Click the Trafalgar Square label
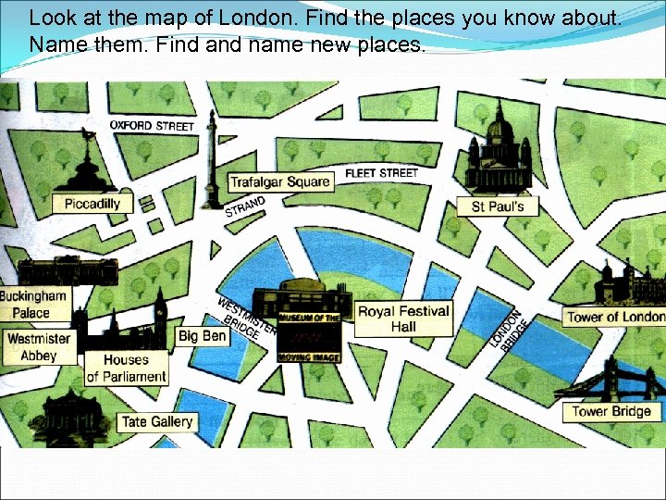(x=279, y=182)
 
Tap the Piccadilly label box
(x=92, y=204)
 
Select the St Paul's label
(x=498, y=206)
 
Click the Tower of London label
(x=615, y=317)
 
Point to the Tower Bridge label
(x=611, y=411)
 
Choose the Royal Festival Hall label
(x=403, y=319)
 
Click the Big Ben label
(x=202, y=336)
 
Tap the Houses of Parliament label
(x=127, y=369)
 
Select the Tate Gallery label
(x=157, y=422)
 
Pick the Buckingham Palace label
(x=33, y=304)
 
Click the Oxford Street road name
(x=152, y=125)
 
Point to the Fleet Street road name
(x=381, y=172)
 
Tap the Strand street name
(x=245, y=206)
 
